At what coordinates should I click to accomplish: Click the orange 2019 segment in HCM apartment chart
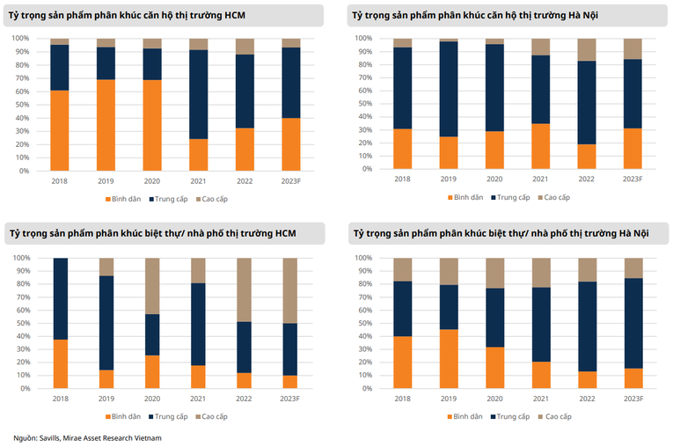pyautogui.click(x=106, y=125)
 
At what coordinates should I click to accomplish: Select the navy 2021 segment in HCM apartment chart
pyautogui.click(x=198, y=94)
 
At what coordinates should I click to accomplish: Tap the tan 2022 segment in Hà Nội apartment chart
pyautogui.click(x=586, y=49)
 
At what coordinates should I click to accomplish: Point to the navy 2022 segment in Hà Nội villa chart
pyautogui.click(x=586, y=326)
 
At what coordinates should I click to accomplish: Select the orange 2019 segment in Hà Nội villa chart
pyautogui.click(x=448, y=359)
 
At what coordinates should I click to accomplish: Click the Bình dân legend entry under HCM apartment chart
pyautogui.click(x=125, y=198)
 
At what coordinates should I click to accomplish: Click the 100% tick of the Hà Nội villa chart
pyautogui.click(x=364, y=258)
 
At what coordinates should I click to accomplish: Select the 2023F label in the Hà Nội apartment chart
pyautogui.click(x=632, y=179)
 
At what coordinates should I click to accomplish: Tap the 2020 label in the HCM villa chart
pyautogui.click(x=151, y=398)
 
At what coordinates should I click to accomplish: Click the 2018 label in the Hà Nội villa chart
pyautogui.click(x=402, y=398)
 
